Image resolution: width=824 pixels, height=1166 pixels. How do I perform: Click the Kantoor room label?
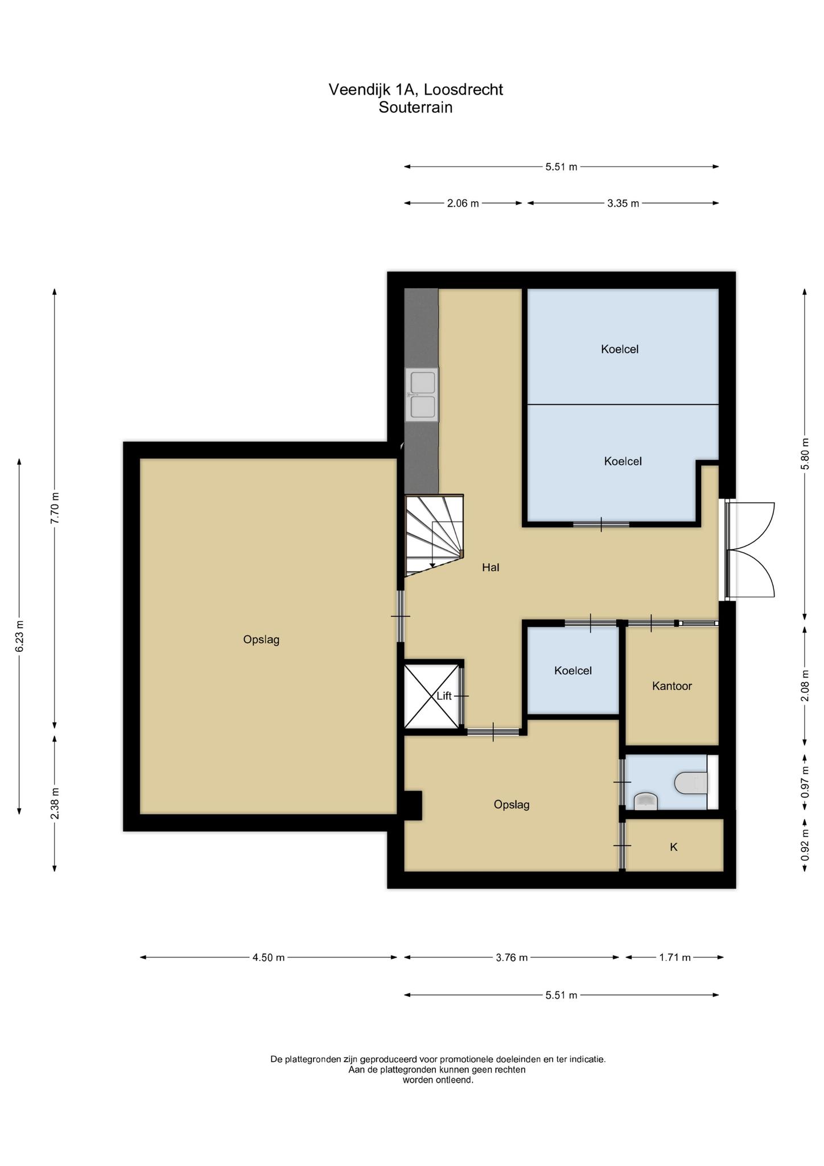tap(672, 686)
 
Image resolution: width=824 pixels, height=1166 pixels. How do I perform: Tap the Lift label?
tap(444, 696)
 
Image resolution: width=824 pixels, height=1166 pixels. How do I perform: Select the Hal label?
tap(491, 567)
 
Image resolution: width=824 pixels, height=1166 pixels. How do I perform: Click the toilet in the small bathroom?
tap(691, 783)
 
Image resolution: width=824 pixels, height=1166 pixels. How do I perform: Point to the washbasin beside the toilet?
tap(645, 801)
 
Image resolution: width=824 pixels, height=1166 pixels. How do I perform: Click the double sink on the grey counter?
tap(422, 395)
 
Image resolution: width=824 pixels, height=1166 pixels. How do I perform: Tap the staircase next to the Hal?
tap(434, 535)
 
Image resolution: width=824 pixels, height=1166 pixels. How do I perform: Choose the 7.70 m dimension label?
tap(55, 508)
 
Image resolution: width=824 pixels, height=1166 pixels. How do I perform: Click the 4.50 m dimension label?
tap(269, 957)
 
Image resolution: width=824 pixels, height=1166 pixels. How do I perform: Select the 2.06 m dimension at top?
tap(463, 203)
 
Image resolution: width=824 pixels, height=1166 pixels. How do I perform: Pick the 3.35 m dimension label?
tap(623, 203)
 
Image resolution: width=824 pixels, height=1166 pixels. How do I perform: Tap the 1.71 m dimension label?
tap(675, 957)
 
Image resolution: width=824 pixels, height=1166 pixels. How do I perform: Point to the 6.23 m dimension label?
tap(19, 635)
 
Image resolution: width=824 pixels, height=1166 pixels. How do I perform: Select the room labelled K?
tap(674, 847)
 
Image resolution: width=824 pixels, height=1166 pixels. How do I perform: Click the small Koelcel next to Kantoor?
tap(573, 670)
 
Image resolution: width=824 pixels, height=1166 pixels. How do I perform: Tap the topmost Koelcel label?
tap(620, 349)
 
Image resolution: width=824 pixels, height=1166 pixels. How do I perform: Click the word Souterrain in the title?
tap(416, 107)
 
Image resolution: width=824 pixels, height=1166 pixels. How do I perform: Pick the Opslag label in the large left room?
tap(261, 639)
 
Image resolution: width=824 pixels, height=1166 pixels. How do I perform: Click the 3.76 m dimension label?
tap(512, 957)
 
